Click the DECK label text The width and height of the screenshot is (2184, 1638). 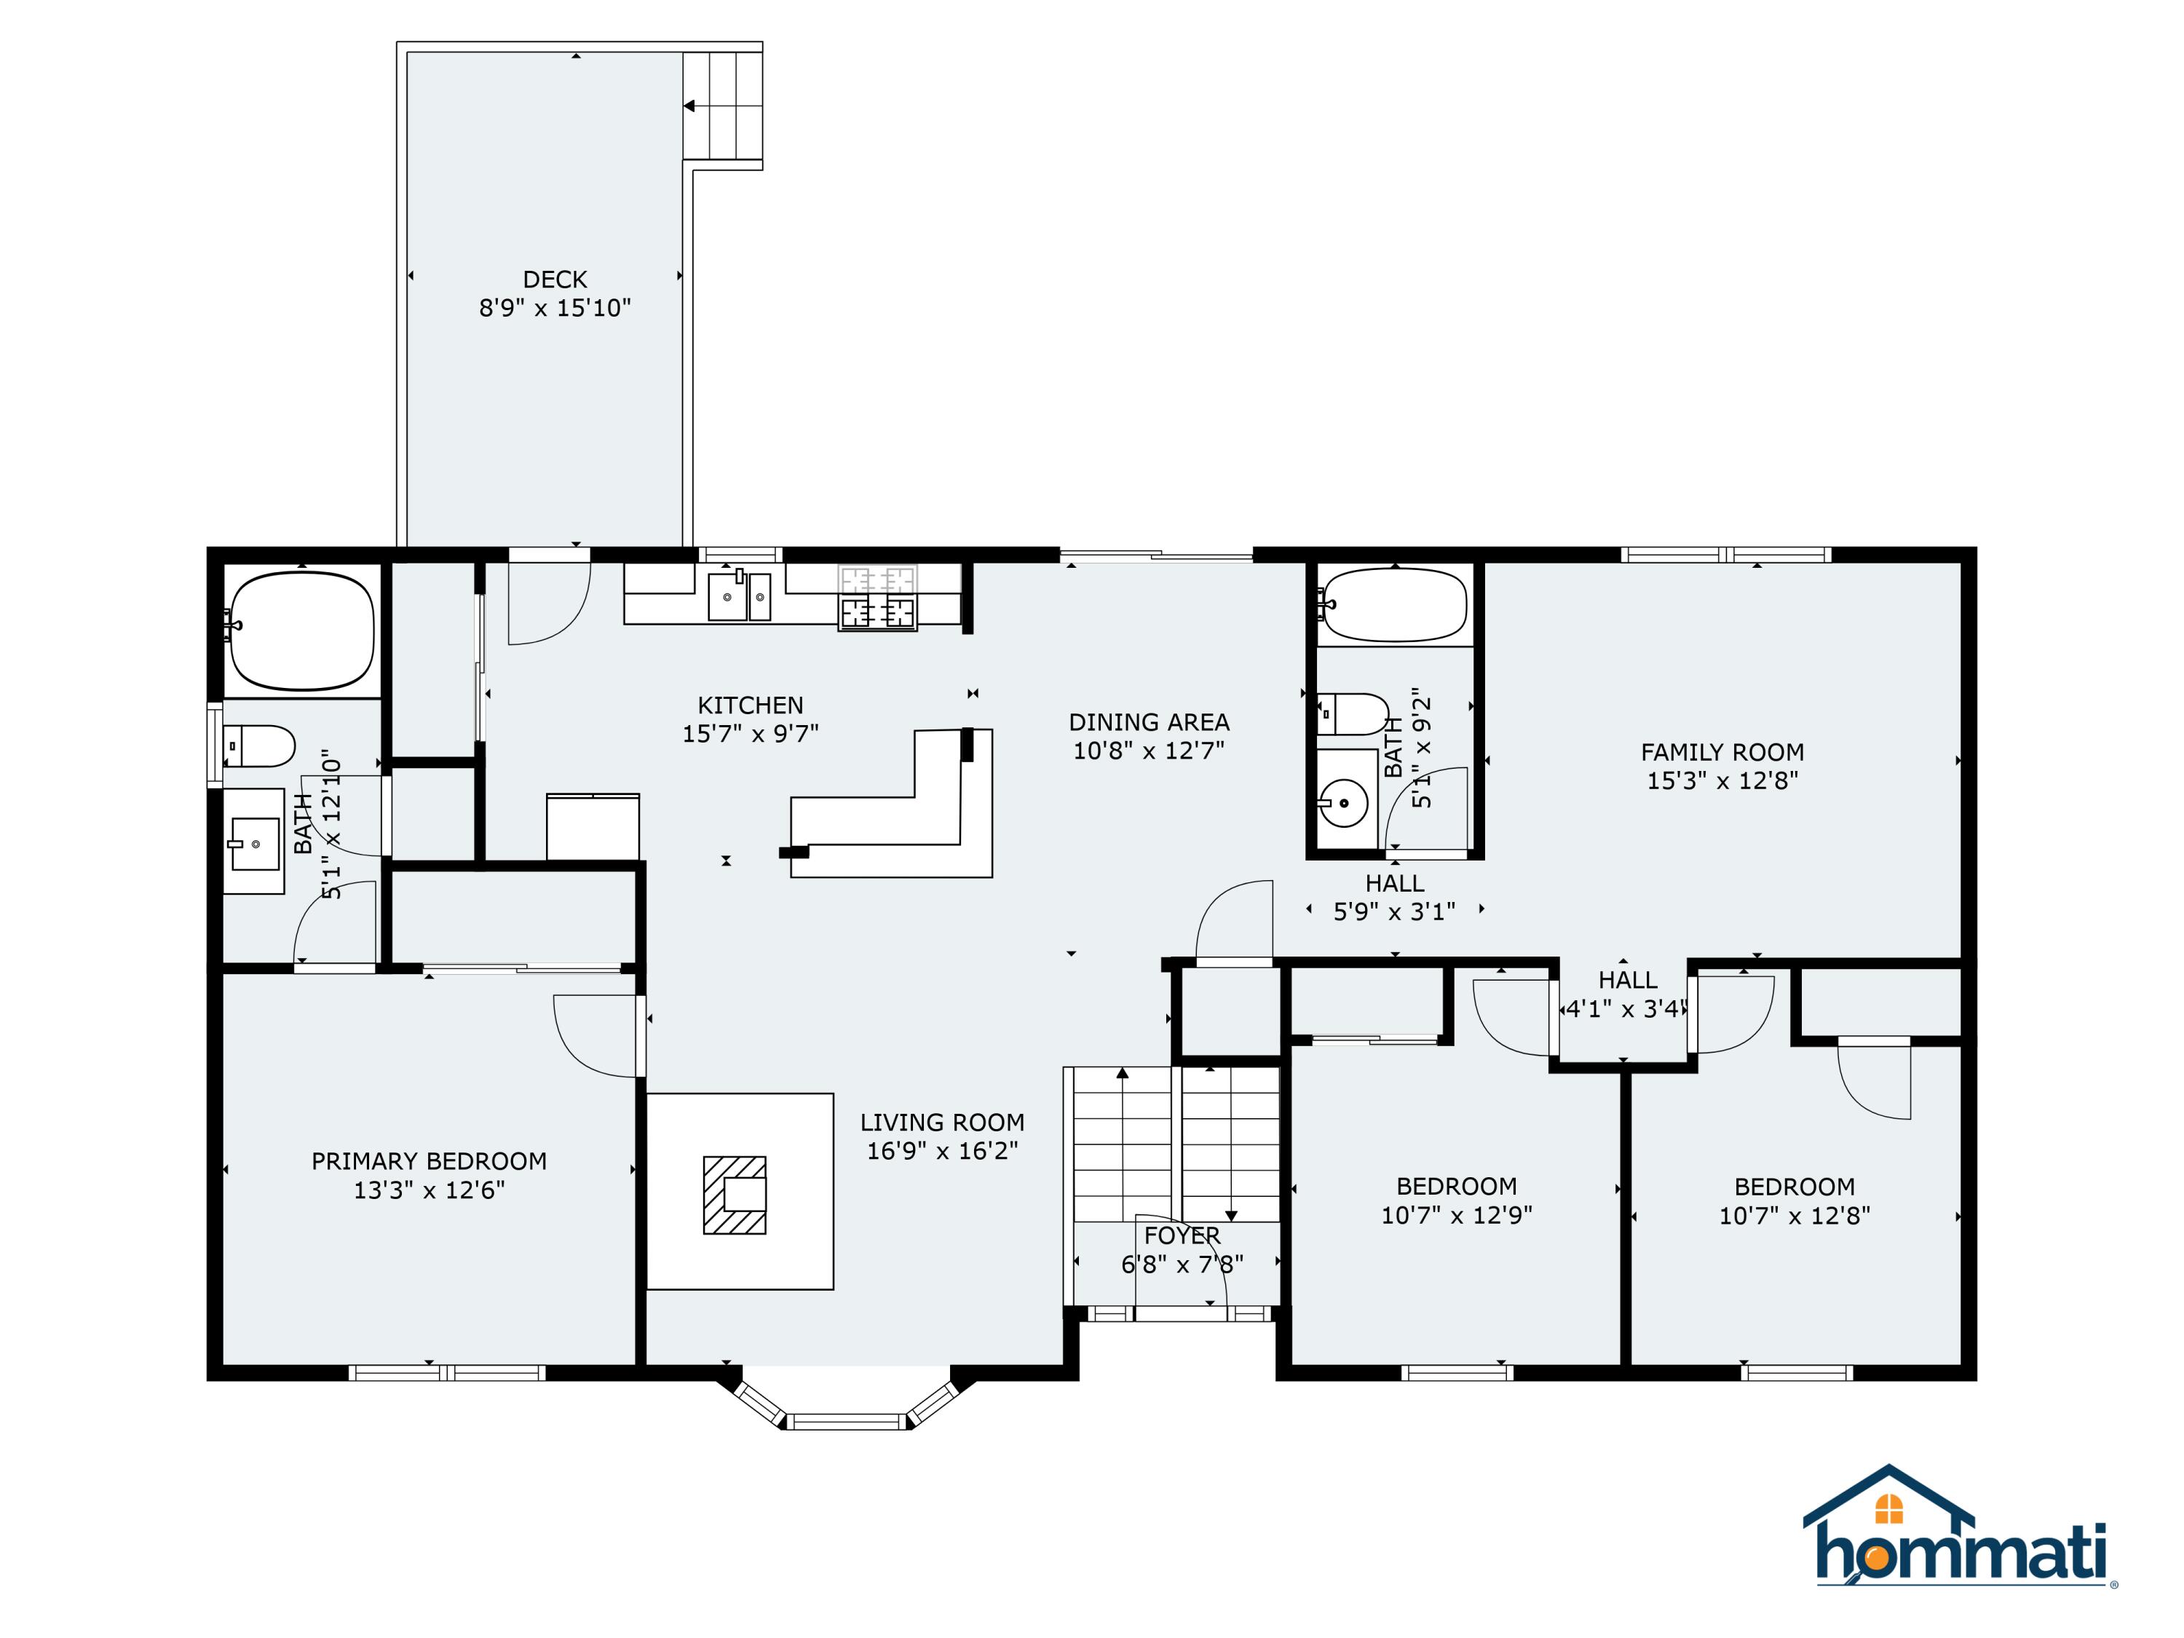[x=554, y=280]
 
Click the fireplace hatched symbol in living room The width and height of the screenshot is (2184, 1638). [x=735, y=1195]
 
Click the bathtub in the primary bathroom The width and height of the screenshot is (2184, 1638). [x=302, y=630]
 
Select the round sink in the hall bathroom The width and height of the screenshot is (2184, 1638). [x=1344, y=801]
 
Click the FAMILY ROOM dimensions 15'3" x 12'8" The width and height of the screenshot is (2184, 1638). [x=1722, y=780]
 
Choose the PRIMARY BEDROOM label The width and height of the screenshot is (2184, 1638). [x=429, y=1161]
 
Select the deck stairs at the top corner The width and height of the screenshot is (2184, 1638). [x=724, y=105]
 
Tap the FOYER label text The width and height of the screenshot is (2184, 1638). [x=1182, y=1235]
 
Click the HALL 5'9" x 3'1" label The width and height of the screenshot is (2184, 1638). [x=1394, y=896]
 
